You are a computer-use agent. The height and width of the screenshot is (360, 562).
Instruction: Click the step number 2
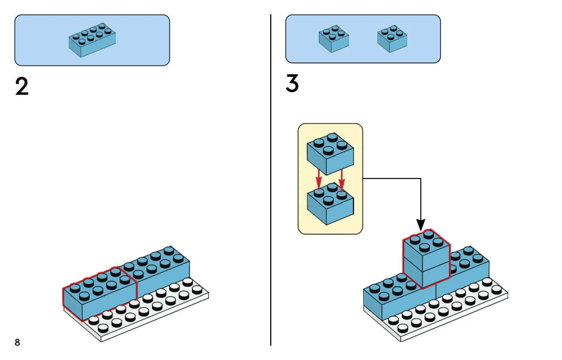(22, 87)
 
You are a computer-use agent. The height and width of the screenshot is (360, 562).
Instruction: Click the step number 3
(292, 83)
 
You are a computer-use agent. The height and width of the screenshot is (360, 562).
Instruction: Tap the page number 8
(17, 342)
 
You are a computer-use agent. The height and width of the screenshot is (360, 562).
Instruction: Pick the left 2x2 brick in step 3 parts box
(334, 38)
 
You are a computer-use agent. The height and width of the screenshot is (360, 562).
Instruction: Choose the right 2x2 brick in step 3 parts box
(392, 38)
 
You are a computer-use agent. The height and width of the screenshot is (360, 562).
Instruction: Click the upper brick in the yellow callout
(330, 154)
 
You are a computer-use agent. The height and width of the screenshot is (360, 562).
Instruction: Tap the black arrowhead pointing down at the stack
(421, 224)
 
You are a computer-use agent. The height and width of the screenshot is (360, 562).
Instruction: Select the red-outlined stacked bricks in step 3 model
(427, 260)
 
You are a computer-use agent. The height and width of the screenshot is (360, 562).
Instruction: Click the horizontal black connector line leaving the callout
(392, 179)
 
